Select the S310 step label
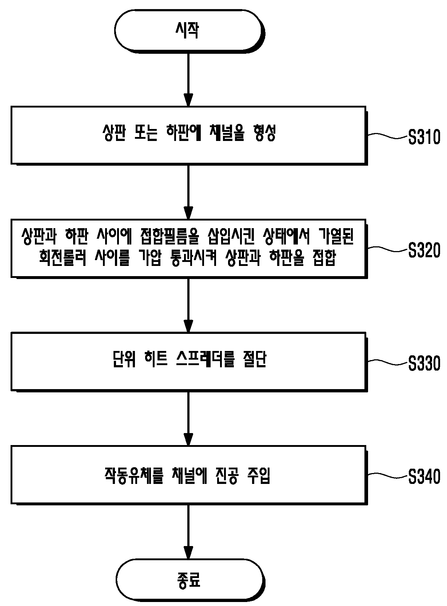(x=424, y=137)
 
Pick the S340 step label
(x=424, y=476)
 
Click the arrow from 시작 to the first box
(x=188, y=80)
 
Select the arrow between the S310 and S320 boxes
(x=188, y=192)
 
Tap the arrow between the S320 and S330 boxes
(x=188, y=305)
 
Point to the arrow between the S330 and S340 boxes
(x=188, y=419)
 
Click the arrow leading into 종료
(x=188, y=532)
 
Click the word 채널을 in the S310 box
(x=227, y=133)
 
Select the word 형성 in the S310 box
(x=265, y=133)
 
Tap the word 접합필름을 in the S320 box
(x=169, y=236)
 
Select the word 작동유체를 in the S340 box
(x=134, y=475)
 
